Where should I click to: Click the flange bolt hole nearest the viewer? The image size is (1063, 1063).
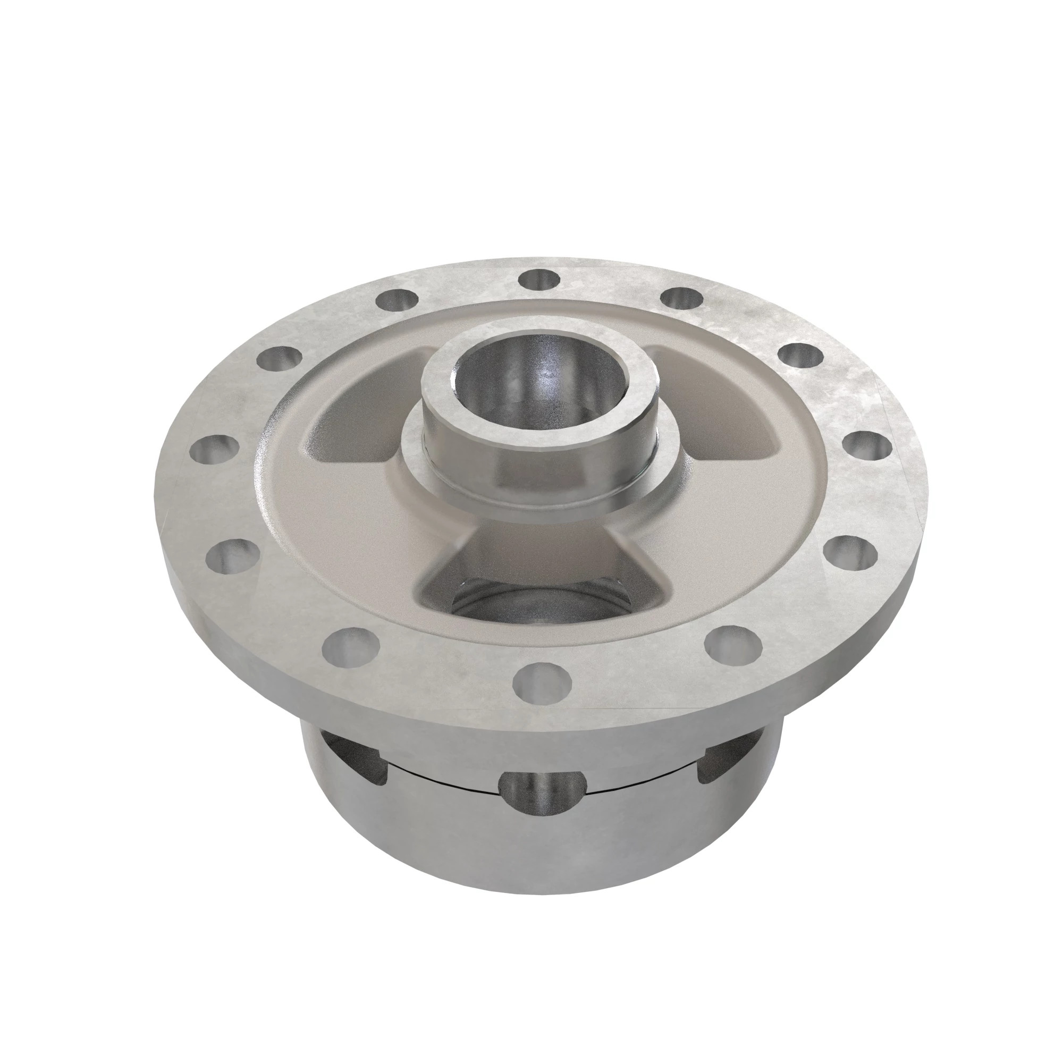click(x=542, y=683)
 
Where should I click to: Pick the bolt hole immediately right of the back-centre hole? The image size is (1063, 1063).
click(x=682, y=299)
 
